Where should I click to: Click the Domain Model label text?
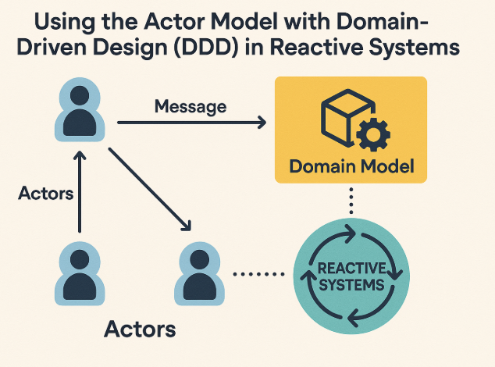click(x=351, y=167)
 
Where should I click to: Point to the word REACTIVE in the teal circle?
click(x=351, y=269)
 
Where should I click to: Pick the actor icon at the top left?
click(x=79, y=112)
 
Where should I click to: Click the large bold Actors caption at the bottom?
click(x=140, y=329)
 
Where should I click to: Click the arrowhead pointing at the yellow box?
click(x=260, y=123)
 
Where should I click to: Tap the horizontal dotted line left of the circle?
click(x=259, y=274)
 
